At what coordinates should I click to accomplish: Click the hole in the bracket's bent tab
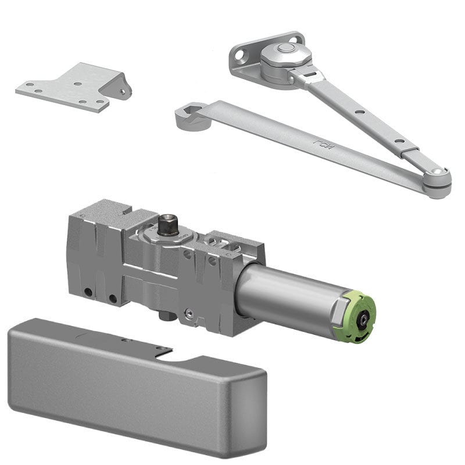[x=123, y=91]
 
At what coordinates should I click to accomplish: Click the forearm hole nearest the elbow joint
[x=399, y=141]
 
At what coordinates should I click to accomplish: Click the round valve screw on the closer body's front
[x=188, y=314]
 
